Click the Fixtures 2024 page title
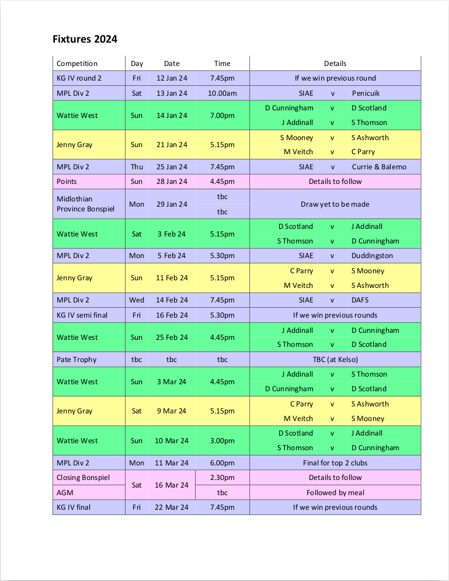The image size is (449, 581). [x=85, y=40]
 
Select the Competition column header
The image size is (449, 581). [x=77, y=64]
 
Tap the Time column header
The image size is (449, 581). [x=222, y=64]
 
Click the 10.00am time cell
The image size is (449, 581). [x=222, y=93]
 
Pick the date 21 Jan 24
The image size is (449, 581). [x=172, y=145]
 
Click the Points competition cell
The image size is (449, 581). [x=67, y=182]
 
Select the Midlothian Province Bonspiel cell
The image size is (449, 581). [x=85, y=204]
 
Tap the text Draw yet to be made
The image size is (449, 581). [x=335, y=204]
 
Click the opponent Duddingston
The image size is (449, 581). [x=372, y=256]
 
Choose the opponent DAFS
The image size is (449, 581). [x=360, y=300]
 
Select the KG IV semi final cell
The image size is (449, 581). [x=82, y=315]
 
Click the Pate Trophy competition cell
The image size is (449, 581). [x=76, y=360]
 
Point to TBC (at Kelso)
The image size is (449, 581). [x=335, y=360]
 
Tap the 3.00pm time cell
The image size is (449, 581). [x=222, y=441]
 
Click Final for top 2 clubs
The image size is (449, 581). [x=335, y=463]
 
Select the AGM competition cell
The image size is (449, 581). [x=65, y=493]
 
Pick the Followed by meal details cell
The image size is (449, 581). [x=335, y=493]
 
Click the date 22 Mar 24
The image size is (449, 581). [x=172, y=507]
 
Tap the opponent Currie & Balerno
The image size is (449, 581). [x=379, y=167]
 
